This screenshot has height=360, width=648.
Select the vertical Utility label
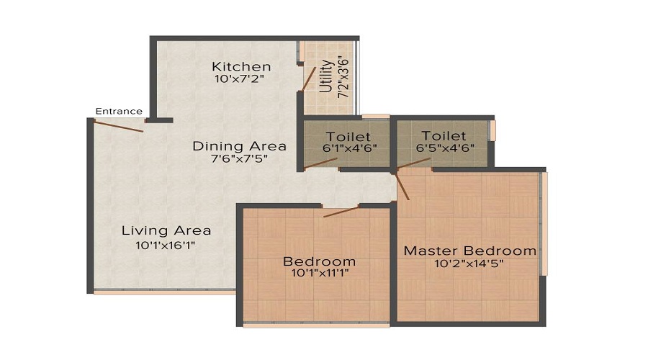click(x=326, y=77)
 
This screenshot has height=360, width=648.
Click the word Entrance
click(x=119, y=111)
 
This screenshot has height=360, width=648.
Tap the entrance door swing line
click(x=118, y=126)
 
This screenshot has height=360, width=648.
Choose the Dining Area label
click(x=239, y=146)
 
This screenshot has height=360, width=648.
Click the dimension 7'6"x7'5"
click(x=239, y=159)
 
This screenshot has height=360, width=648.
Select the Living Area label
click(x=166, y=231)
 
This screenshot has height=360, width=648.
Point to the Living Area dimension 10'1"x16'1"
click(x=166, y=245)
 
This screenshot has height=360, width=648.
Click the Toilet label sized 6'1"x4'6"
click(x=348, y=136)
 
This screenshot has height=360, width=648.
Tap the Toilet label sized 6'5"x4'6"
click(x=444, y=135)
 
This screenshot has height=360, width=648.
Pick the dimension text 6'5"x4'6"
click(x=444, y=148)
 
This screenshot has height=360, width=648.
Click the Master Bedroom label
click(x=469, y=251)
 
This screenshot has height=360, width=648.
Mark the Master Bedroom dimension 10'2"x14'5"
click(x=469, y=264)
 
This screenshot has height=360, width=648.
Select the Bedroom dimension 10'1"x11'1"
click(x=319, y=274)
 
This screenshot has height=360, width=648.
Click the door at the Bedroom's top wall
click(x=341, y=211)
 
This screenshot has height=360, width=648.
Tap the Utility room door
click(x=309, y=78)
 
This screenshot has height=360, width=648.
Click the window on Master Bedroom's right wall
click(x=545, y=223)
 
